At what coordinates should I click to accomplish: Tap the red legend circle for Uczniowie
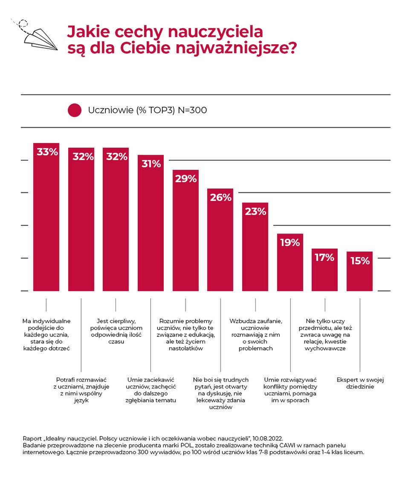(74, 110)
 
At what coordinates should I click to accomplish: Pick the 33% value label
(47, 152)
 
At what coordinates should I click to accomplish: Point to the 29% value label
(185, 179)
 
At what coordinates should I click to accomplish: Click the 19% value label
(290, 243)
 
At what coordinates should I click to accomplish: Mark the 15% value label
(360, 261)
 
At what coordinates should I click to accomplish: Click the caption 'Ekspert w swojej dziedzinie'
(360, 383)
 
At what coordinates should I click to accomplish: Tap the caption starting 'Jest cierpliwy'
(116, 332)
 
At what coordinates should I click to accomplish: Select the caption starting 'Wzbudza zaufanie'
(255, 335)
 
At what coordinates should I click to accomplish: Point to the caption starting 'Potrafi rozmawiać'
(81, 390)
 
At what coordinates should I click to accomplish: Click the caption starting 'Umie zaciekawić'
(151, 390)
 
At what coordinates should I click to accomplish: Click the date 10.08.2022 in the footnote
(267, 438)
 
